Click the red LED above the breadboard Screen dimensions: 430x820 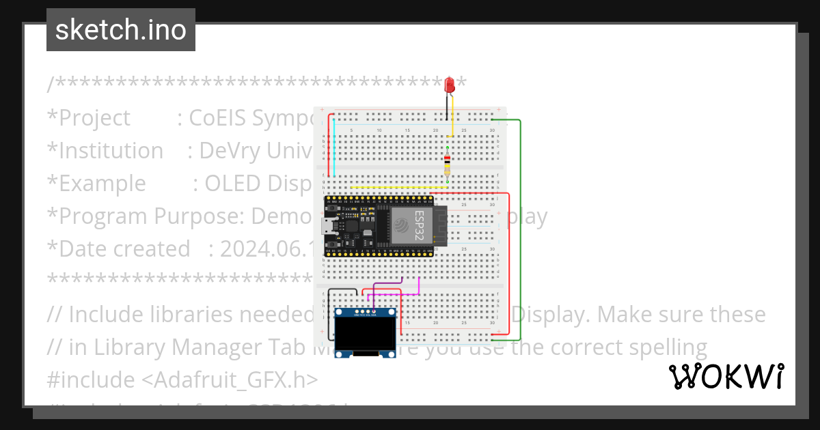[450, 85]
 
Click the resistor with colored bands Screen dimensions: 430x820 [447, 162]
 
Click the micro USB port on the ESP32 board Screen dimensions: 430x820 [329, 225]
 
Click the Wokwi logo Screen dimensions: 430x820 [726, 376]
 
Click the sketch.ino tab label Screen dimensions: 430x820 [121, 30]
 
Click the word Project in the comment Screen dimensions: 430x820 [94, 117]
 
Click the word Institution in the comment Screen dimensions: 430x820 [111, 150]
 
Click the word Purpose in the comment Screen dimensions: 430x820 [199, 216]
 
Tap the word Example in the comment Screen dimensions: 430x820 [102, 183]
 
